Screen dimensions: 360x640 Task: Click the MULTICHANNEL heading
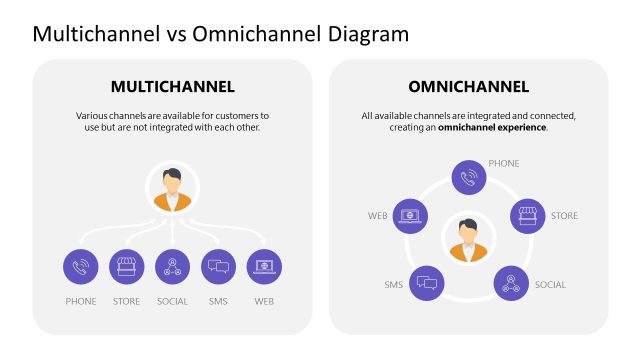click(x=172, y=86)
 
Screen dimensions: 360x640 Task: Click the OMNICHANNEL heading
click(x=468, y=86)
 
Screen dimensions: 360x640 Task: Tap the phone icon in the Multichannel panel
click(x=80, y=267)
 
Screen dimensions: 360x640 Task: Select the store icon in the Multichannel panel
click(x=126, y=267)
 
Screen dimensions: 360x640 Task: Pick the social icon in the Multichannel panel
click(x=172, y=267)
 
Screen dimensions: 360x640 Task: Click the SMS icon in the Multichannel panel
click(x=218, y=267)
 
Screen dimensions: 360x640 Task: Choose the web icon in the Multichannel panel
click(x=264, y=267)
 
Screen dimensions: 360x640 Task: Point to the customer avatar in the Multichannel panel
click(x=172, y=187)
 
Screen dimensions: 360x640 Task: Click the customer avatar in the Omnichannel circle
click(x=468, y=237)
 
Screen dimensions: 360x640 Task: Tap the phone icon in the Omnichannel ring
click(x=468, y=177)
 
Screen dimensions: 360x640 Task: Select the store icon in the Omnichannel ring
click(x=527, y=215)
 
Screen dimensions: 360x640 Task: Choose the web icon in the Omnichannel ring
click(x=409, y=215)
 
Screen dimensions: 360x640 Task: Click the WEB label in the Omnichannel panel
click(x=377, y=215)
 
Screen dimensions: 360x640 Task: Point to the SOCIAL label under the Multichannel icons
click(x=172, y=301)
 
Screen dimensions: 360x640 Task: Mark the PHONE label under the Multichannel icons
click(x=80, y=301)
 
